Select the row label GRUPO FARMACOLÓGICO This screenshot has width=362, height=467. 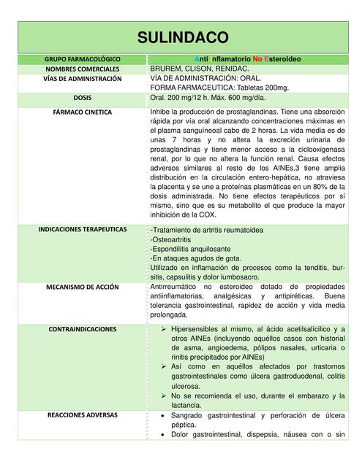(x=82, y=58)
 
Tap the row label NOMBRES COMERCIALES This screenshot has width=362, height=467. (x=82, y=68)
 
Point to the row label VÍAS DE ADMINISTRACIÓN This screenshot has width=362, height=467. (x=82, y=77)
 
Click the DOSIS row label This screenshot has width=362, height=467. (x=82, y=97)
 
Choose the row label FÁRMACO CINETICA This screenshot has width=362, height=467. (x=82, y=112)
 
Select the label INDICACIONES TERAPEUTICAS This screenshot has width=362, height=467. (x=82, y=229)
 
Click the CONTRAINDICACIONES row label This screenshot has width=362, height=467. (x=82, y=329)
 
